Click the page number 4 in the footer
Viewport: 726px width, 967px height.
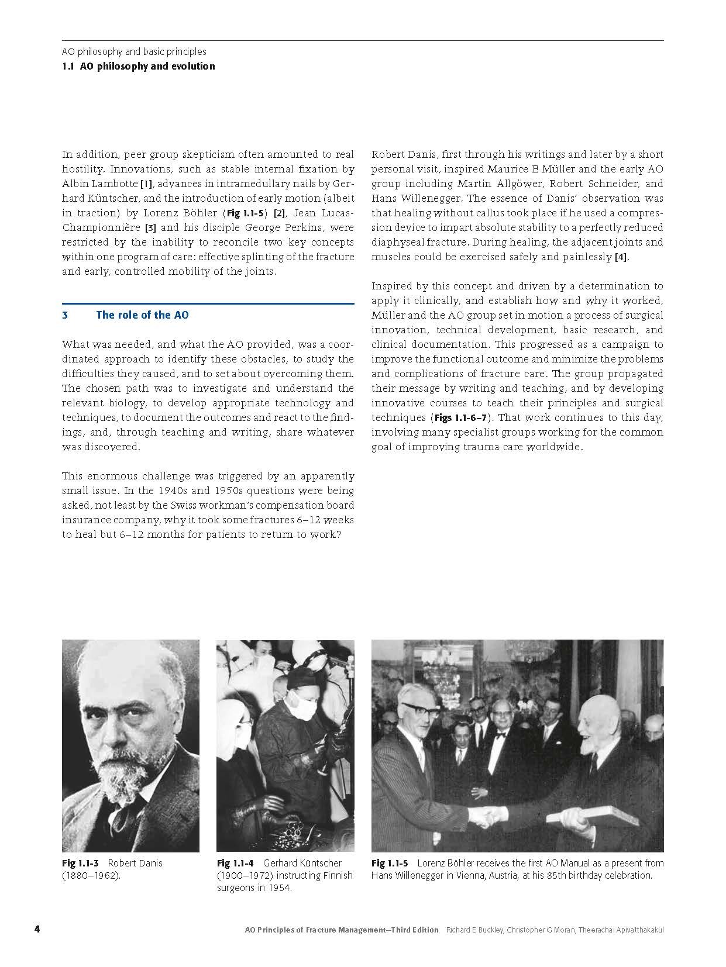click(37, 930)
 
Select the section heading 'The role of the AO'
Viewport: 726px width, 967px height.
click(142, 315)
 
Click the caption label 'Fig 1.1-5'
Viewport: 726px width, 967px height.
click(390, 863)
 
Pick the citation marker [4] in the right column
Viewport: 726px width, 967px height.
click(621, 257)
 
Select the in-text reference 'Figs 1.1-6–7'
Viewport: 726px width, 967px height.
click(462, 418)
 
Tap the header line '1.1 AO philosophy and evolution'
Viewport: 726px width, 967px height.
click(139, 66)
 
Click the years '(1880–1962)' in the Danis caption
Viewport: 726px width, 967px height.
click(91, 876)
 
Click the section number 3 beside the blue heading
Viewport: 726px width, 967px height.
click(65, 315)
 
